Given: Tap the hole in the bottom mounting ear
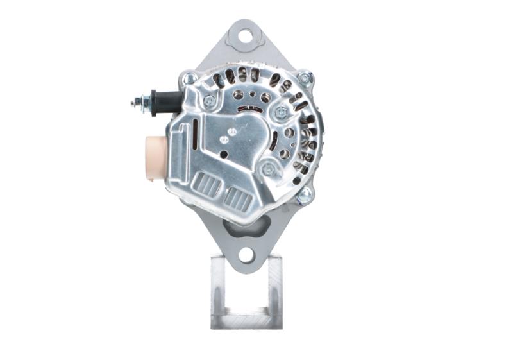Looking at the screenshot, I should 246,255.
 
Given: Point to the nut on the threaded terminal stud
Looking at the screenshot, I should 146,102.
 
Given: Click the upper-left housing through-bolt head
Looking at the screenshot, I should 190,79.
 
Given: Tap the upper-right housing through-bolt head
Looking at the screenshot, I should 305,78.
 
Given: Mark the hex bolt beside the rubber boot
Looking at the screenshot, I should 209,101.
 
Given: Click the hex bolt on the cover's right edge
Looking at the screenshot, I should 281,113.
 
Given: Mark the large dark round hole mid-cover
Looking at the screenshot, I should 223,154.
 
